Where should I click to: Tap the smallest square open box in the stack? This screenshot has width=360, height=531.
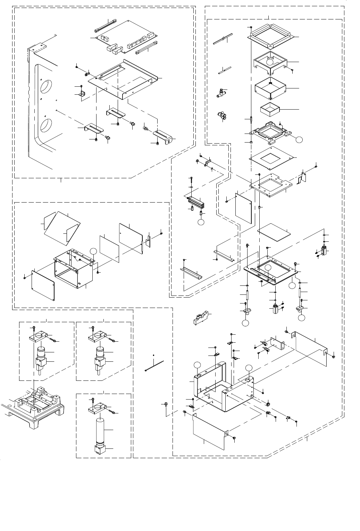(270, 110)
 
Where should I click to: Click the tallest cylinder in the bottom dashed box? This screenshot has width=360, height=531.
(100, 430)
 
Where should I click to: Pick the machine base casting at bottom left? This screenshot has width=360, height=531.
(33, 409)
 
